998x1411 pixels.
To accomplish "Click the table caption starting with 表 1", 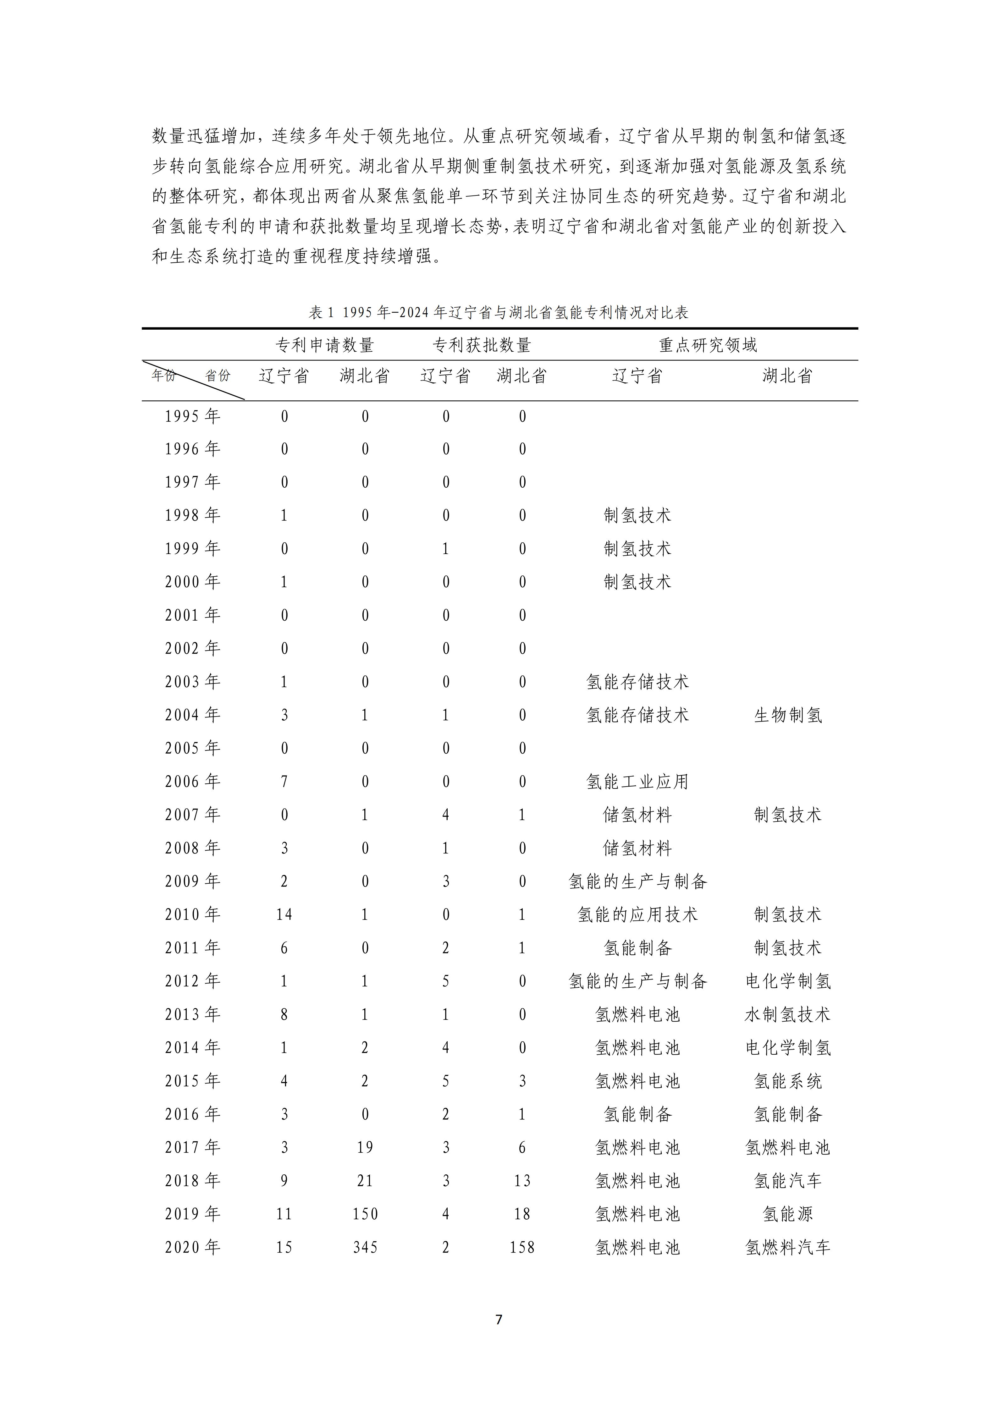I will [x=499, y=313].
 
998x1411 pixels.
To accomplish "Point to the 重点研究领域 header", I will [x=708, y=345].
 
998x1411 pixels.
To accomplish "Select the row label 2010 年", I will [x=192, y=914].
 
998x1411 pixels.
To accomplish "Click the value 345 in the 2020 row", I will [x=365, y=1248].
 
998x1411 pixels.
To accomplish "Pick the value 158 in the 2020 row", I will [x=522, y=1248].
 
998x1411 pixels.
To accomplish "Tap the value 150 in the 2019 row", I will [x=365, y=1214].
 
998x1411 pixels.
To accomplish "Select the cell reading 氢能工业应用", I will [x=637, y=782].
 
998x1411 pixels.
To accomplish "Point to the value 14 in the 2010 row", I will [x=284, y=914].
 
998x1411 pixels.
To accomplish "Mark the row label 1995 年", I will [x=192, y=417].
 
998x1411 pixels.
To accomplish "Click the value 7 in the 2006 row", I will [x=284, y=782].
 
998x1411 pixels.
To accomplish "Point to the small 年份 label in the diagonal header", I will [x=163, y=375].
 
